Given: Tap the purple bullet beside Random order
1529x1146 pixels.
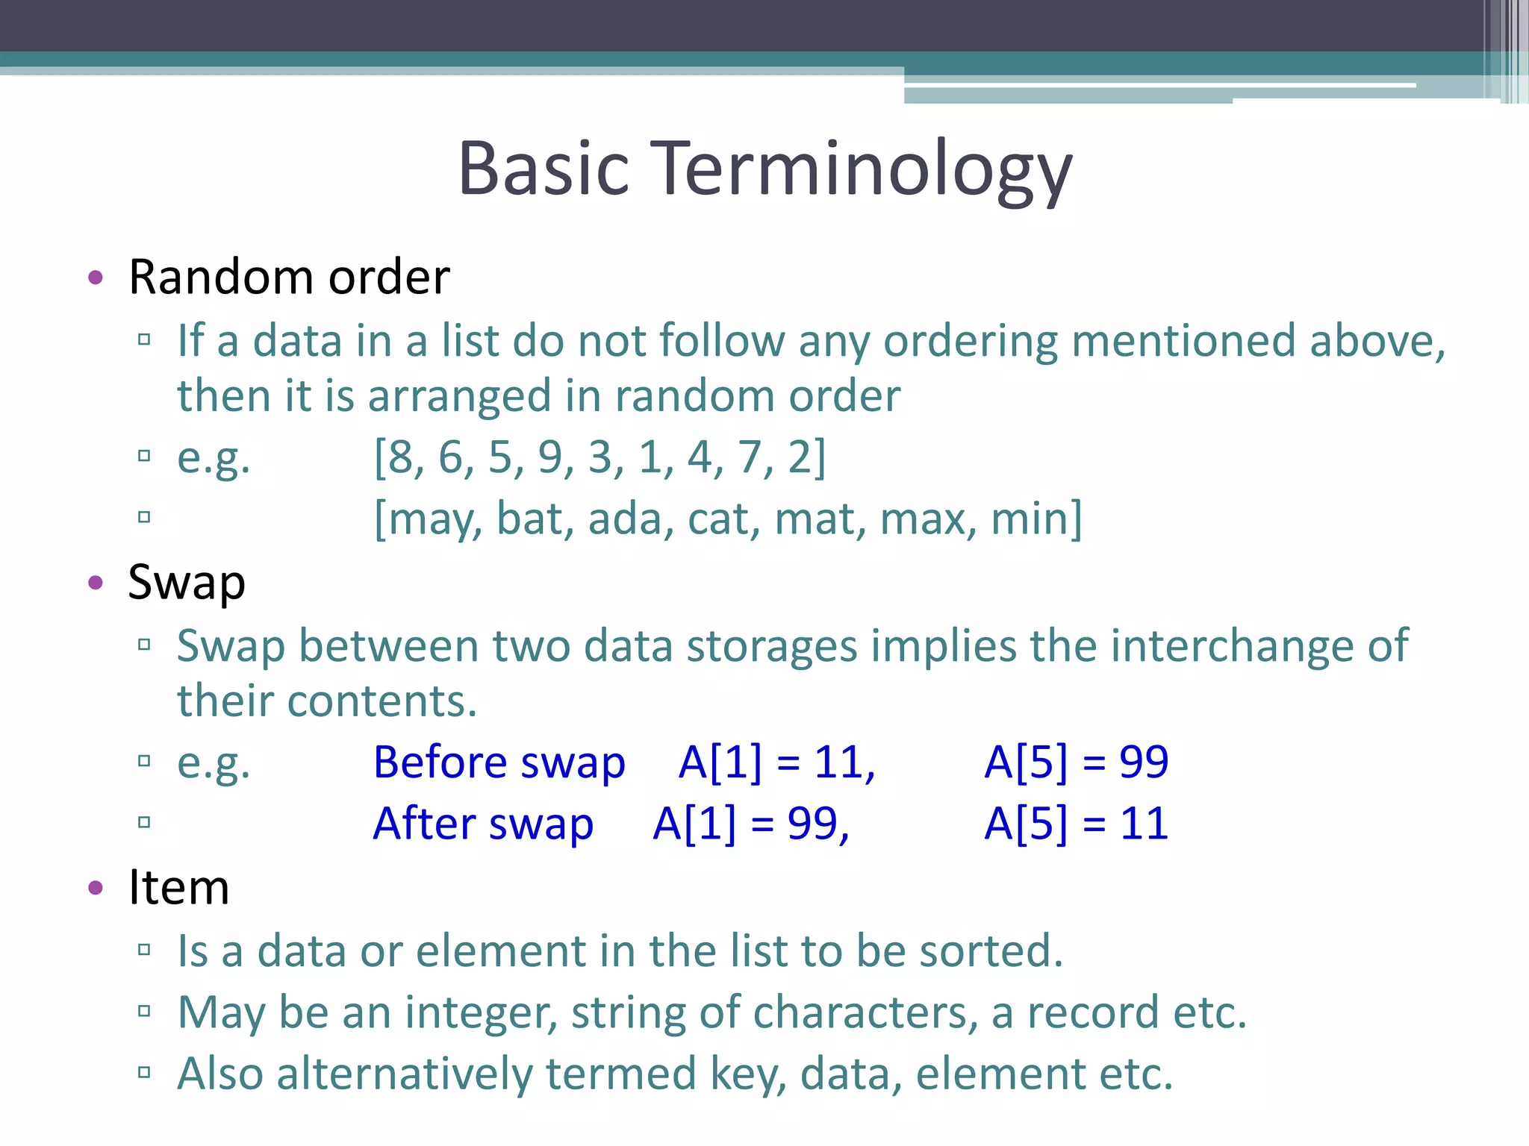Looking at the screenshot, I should (x=95, y=278).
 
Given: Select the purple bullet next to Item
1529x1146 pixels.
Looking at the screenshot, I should (x=95, y=888).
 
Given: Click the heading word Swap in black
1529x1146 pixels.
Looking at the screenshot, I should (x=187, y=583).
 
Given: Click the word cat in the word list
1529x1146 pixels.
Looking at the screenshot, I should (x=720, y=519).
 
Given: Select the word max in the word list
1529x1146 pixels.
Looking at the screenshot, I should (x=924, y=519).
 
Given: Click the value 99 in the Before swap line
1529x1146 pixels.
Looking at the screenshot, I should (x=1143, y=763).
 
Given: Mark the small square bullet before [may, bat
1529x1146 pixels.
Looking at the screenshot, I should (x=144, y=517).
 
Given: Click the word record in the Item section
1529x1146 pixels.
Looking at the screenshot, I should (x=1093, y=1012).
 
